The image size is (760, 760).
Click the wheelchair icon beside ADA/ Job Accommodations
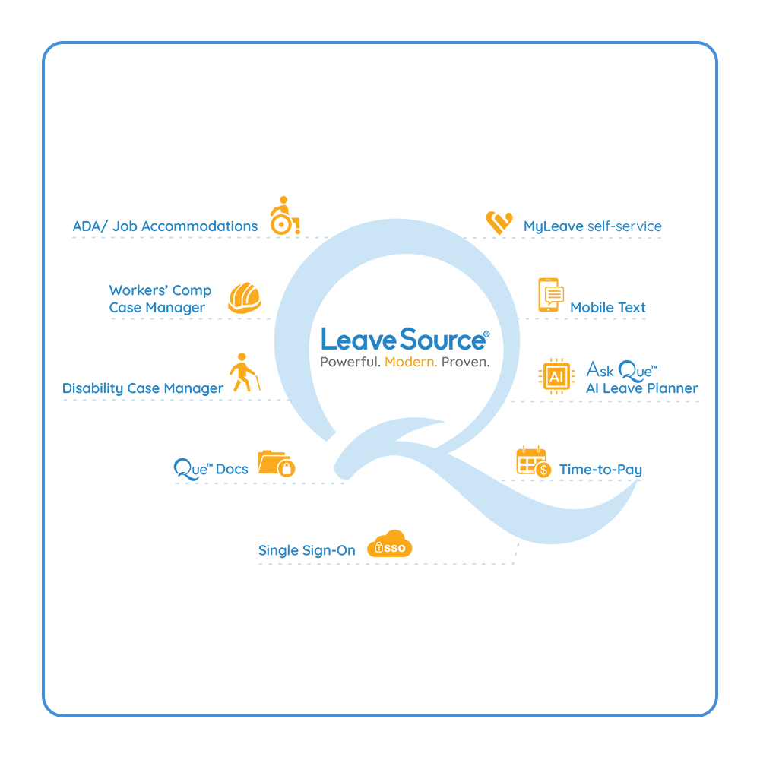click(x=285, y=216)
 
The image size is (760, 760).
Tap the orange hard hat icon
click(x=245, y=298)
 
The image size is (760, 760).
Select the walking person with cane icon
click(x=245, y=372)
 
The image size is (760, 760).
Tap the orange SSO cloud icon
click(x=390, y=543)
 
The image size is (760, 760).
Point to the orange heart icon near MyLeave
click(x=499, y=223)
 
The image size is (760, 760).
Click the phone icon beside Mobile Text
click(x=550, y=295)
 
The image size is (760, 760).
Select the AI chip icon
click(x=556, y=376)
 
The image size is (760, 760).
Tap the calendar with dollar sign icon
click(x=534, y=461)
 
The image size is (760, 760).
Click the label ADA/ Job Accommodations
click(x=165, y=226)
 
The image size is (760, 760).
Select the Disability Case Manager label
click(x=143, y=388)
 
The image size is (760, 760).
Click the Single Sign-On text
click(x=307, y=550)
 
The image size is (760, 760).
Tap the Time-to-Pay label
click(x=600, y=470)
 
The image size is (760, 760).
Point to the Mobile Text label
click(x=608, y=307)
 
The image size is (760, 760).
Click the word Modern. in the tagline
click(x=411, y=362)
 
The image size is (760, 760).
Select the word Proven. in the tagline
click(x=465, y=362)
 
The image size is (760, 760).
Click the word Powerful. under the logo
click(x=350, y=362)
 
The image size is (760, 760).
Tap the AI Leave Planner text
click(x=641, y=388)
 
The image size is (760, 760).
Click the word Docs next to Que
click(x=232, y=469)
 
